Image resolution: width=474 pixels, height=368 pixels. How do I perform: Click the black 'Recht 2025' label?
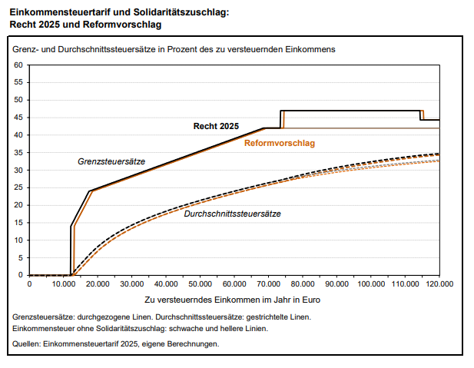(216, 126)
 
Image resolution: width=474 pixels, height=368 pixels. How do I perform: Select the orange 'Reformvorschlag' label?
(280, 143)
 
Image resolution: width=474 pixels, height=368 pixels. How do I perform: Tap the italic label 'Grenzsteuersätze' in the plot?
(111, 162)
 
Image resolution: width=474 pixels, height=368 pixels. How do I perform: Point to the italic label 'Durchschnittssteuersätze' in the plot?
(232, 214)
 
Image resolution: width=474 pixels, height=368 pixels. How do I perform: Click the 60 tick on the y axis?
(18, 65)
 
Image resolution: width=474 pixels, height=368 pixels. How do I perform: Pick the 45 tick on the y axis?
(18, 118)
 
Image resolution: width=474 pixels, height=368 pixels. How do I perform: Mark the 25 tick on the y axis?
(18, 187)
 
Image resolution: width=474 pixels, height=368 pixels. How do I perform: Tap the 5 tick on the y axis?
(21, 257)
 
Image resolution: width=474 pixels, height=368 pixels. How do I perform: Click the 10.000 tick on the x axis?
(64, 283)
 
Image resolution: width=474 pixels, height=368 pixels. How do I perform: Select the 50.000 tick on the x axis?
(200, 283)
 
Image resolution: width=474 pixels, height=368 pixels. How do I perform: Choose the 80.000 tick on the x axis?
(303, 283)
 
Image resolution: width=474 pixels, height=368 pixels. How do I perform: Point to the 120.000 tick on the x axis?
(439, 283)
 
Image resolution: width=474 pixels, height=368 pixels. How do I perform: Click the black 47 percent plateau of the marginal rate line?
(350, 111)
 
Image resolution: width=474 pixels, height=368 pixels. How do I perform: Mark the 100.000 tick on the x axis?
(370, 283)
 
